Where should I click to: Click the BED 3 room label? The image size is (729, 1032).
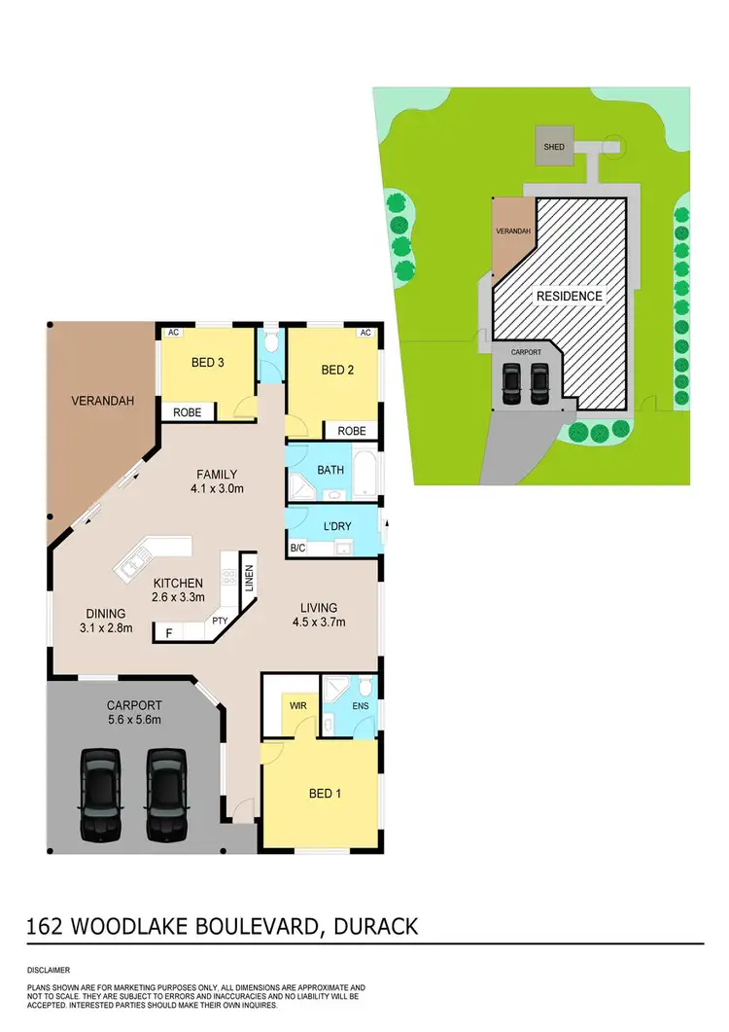208,363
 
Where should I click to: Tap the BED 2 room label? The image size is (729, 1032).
335,370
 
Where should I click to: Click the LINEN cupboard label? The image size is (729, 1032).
249,584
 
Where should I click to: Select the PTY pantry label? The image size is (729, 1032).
219,619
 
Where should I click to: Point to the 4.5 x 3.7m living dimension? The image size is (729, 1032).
319,623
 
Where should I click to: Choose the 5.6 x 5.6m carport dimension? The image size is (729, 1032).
135,720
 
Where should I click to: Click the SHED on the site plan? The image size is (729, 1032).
554,147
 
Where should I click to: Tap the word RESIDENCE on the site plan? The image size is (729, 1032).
567,296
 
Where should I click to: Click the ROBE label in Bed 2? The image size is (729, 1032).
352,431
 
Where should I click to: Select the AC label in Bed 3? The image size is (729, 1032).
175,332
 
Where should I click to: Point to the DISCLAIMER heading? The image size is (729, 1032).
49,970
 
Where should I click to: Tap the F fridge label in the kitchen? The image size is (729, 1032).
169,632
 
